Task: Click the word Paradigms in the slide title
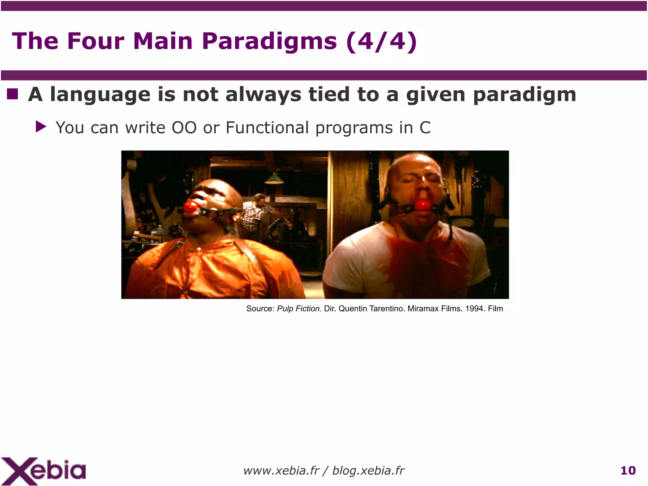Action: coord(269,41)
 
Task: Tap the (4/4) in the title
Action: coord(382,41)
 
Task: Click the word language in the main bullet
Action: coord(100,95)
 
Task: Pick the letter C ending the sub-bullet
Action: coord(425,128)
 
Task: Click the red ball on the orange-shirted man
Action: coord(190,207)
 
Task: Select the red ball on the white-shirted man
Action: coord(423,205)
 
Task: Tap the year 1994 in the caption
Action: coord(474,309)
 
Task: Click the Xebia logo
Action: coord(43,471)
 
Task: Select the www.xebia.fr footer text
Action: coord(281,471)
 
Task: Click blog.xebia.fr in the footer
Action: coord(368,471)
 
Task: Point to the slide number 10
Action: coord(628,471)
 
